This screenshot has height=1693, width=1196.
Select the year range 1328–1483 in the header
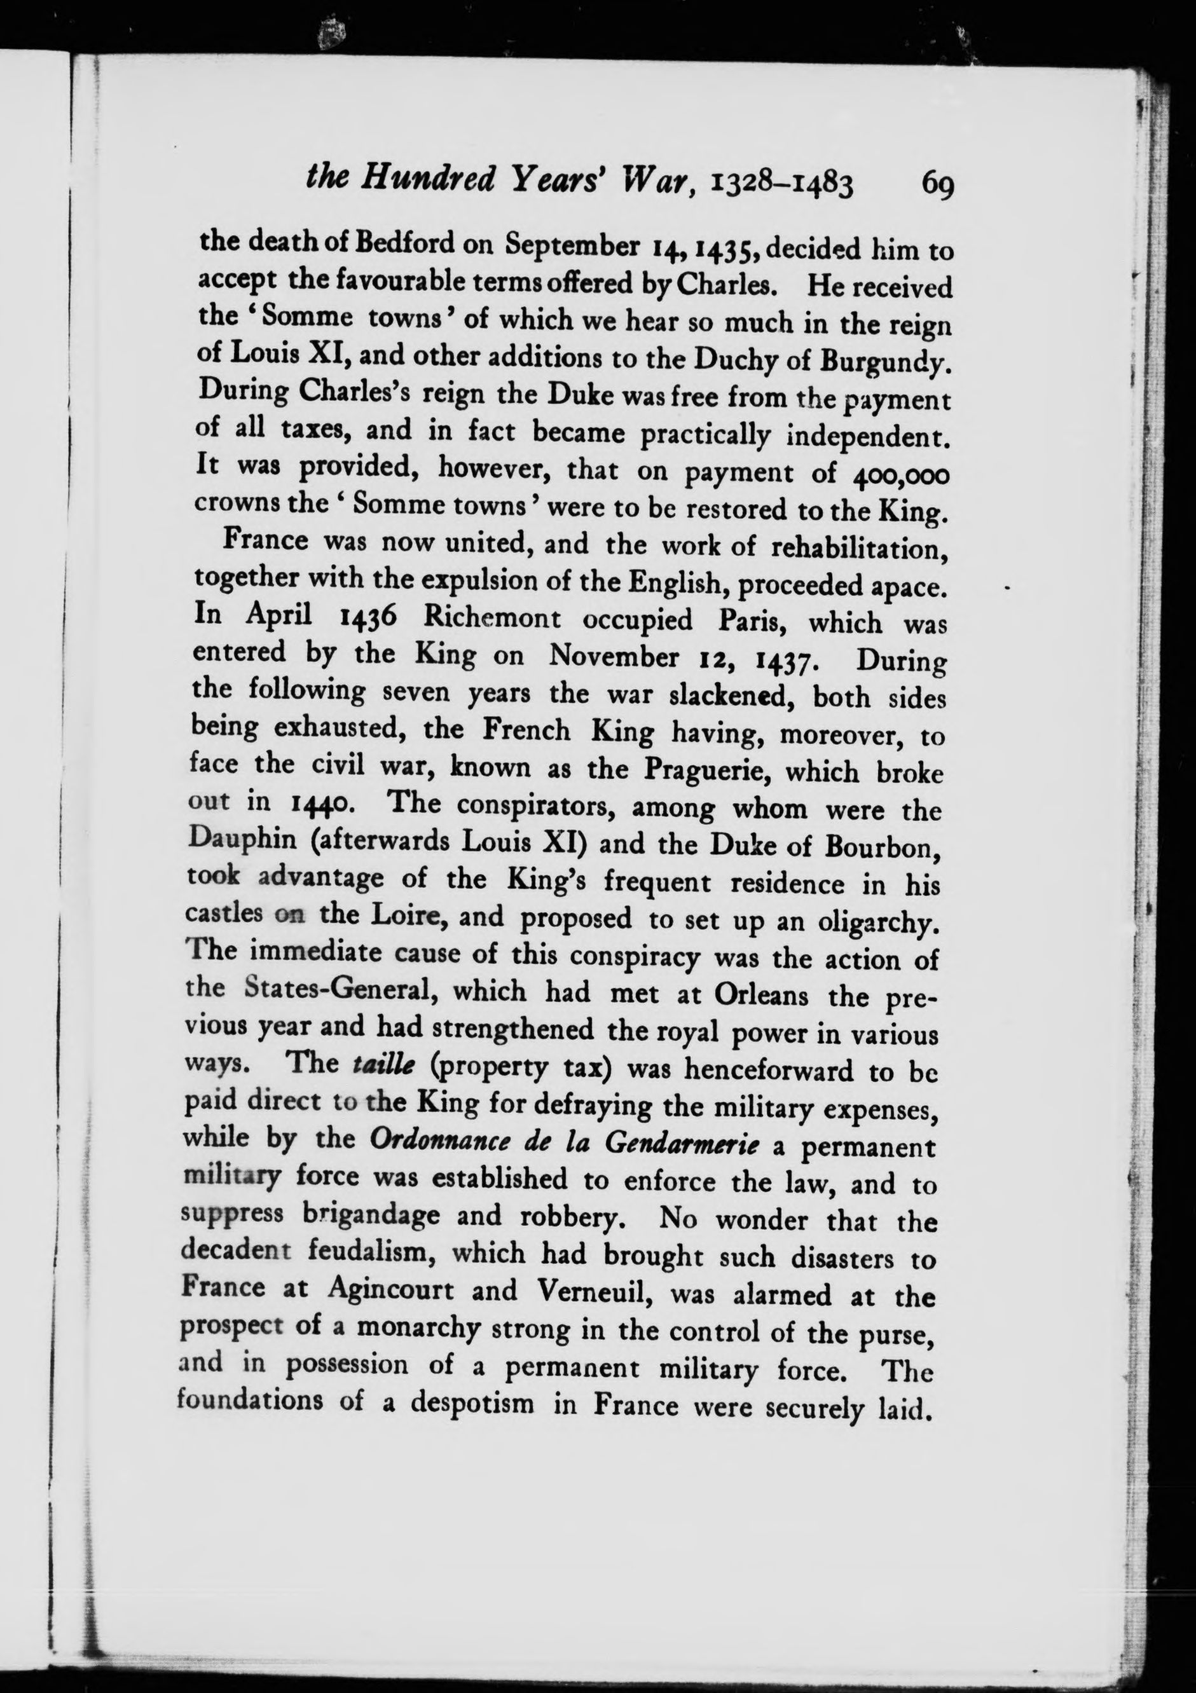tap(782, 184)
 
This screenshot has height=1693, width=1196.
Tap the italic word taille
tap(376, 1064)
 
